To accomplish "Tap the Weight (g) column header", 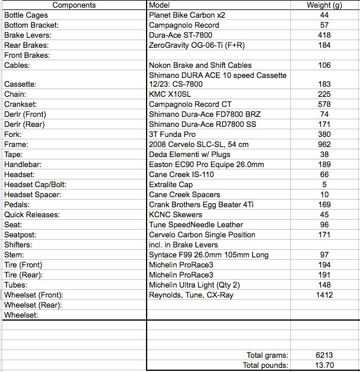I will (325, 5).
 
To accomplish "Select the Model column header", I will (160, 5).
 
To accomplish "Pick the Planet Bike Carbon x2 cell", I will (186, 15).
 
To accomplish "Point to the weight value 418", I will (324, 35).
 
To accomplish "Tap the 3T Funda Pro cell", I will (173, 134).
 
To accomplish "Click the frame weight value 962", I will (324, 144).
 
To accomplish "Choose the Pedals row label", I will (17, 205).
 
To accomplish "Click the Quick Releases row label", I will (32, 215).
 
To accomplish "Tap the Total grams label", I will (267, 355).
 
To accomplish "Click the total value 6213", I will (324, 355).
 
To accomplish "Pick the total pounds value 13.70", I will (324, 366).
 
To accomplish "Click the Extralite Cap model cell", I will (171, 185).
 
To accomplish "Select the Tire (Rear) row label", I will (23, 275).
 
